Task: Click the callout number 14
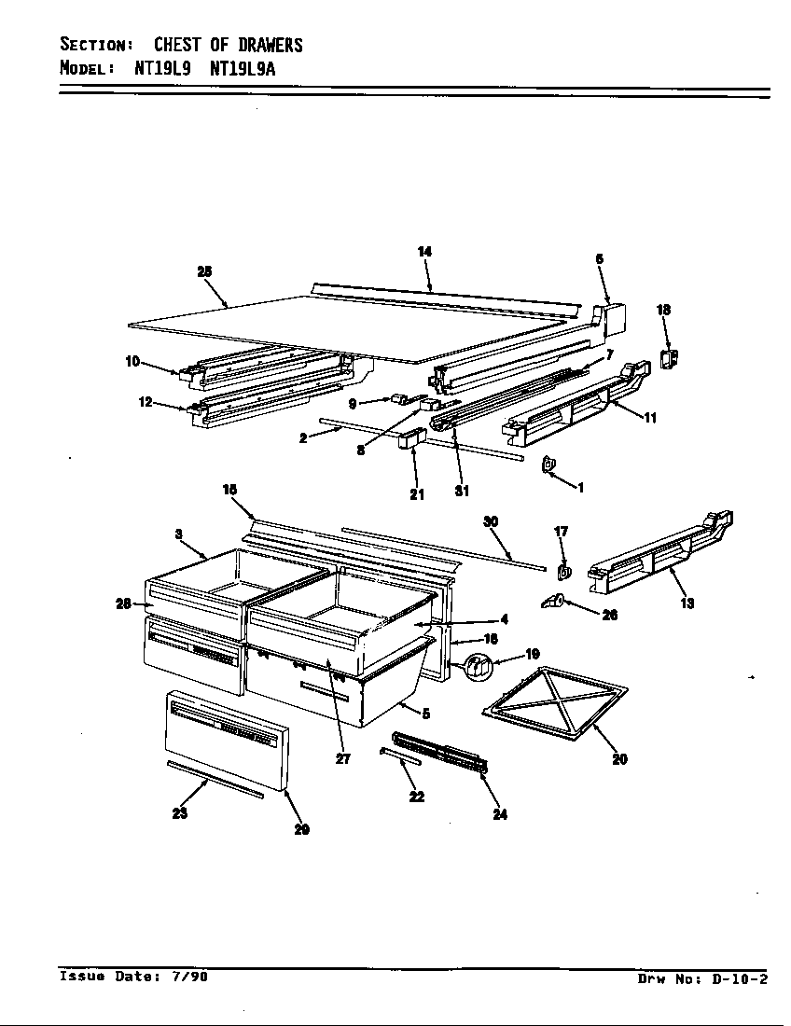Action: pyautogui.click(x=424, y=252)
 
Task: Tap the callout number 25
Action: pyautogui.click(x=204, y=270)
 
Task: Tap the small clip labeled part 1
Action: pyautogui.click(x=549, y=463)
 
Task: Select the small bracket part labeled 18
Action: pyautogui.click(x=669, y=358)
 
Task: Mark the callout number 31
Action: pyautogui.click(x=462, y=492)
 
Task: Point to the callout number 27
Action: pyautogui.click(x=343, y=758)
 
